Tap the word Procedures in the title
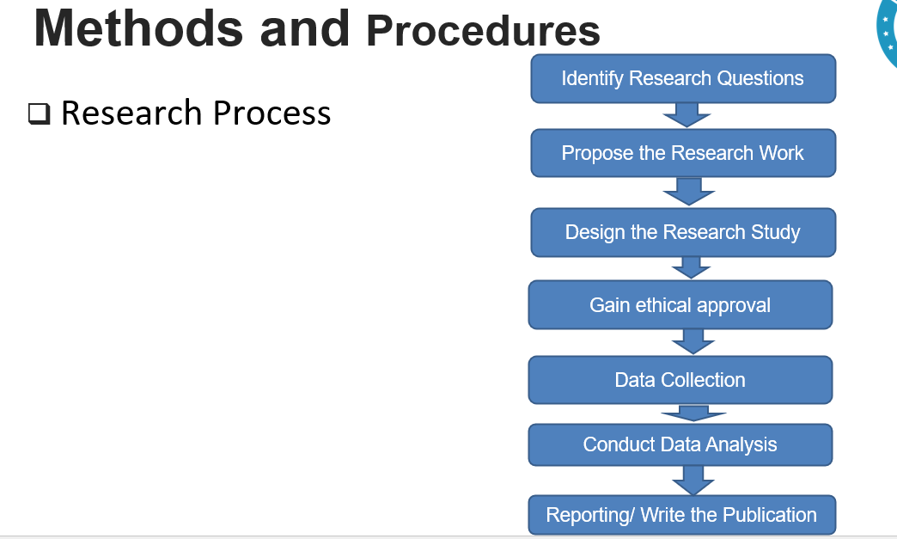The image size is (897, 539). pos(483,32)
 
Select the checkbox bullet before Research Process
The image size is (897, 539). pos(39,114)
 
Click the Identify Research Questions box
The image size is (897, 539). pos(682,78)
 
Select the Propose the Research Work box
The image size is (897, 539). pos(682,153)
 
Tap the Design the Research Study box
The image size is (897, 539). pos(682,232)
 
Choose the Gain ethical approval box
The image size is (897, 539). pos(680,305)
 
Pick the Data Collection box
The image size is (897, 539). pos(680,380)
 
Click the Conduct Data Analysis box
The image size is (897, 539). pos(680,444)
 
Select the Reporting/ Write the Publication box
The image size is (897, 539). pos(681,515)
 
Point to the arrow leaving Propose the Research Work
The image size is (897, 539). pos(688,191)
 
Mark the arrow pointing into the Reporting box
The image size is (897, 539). pos(693,480)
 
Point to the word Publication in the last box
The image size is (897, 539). pos(769,515)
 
